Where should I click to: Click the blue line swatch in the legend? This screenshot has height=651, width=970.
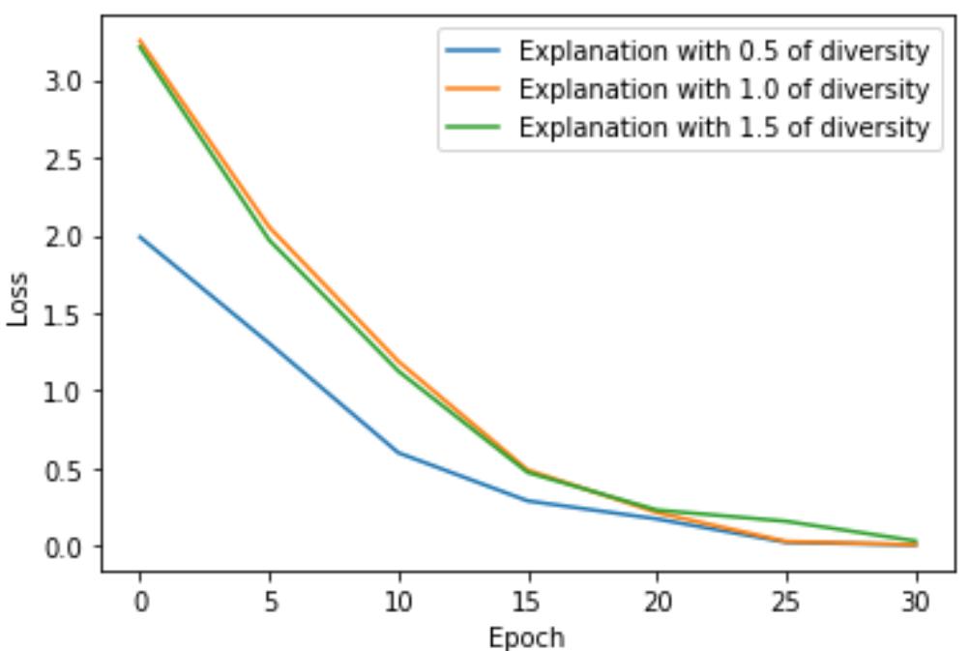pos(473,50)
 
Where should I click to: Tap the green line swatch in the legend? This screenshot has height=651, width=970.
pos(473,128)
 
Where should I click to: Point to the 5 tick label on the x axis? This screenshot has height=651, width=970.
pos(270,603)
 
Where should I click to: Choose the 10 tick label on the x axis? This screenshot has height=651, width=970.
pos(398,603)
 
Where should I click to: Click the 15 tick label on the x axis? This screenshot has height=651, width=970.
pos(528,603)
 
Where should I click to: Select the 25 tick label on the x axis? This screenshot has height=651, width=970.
pos(786,603)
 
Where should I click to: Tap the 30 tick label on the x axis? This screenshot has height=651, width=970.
pos(915,603)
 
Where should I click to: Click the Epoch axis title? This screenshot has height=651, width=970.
pos(527,636)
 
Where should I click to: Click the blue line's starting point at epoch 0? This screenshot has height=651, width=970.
pos(140,236)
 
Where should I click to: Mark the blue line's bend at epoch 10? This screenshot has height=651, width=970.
pos(398,453)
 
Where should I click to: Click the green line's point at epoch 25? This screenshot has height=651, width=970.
pos(786,521)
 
